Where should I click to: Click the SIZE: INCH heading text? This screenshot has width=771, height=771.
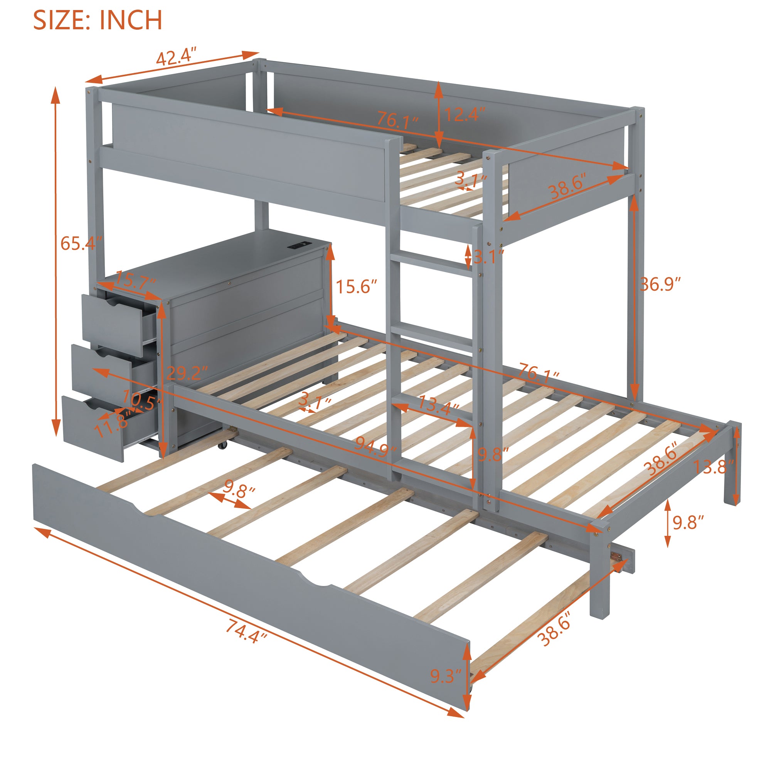[x=98, y=20]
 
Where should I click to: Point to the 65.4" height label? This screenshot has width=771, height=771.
[x=80, y=243]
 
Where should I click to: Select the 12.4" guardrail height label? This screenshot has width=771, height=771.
[x=464, y=114]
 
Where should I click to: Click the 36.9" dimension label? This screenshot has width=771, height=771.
[x=660, y=284]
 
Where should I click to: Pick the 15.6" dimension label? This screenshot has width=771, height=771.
[x=356, y=286]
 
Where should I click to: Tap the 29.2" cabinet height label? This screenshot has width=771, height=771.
[x=187, y=373]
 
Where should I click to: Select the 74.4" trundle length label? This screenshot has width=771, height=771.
[x=246, y=631]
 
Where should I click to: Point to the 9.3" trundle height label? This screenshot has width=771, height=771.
[x=446, y=676]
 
